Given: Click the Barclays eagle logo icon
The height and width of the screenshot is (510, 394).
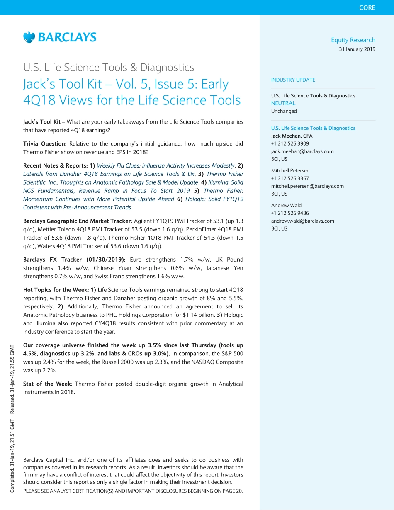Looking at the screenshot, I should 29,37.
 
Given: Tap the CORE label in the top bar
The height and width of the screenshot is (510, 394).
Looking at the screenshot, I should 367,7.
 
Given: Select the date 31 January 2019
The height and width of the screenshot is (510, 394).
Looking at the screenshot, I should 357,49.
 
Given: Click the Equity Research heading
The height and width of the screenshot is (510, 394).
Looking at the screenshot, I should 353,40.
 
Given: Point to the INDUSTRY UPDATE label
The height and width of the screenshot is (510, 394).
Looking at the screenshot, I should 293,80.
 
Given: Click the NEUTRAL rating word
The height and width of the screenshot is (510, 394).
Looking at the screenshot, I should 283,103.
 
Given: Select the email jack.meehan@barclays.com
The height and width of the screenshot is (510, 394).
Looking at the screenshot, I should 302,151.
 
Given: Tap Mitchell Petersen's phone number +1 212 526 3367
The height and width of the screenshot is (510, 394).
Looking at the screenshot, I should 290,178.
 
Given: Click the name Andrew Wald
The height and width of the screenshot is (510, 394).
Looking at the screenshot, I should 286,205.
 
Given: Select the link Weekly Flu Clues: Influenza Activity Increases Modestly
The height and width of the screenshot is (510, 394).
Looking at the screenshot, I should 165,165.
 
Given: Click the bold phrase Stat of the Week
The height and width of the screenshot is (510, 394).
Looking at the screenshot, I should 47,384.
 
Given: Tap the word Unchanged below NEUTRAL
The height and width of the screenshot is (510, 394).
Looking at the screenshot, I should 284,111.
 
